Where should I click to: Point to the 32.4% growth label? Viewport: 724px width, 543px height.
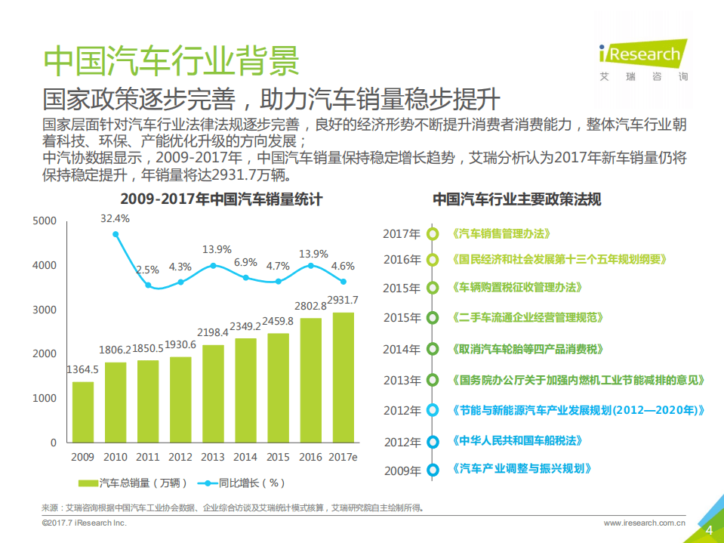tap(116, 218)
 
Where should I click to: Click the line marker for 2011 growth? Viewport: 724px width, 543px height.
tap(148, 285)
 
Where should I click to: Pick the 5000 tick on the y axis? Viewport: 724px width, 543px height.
tap(45, 221)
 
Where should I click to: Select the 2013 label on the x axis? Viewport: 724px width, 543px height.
tap(213, 457)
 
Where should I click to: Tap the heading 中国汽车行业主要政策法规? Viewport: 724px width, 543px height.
tap(516, 200)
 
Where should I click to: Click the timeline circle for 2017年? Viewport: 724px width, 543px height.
tap(433, 234)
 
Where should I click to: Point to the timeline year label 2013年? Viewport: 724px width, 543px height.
tap(402, 381)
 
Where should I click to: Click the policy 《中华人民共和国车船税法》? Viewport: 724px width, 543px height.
tap(517, 440)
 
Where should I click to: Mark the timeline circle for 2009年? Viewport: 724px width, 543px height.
tap(433, 470)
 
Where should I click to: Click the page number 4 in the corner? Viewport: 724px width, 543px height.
tap(708, 530)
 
